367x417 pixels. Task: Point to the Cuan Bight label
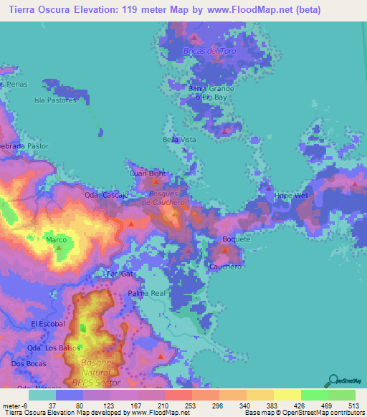click(148, 173)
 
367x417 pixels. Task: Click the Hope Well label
click(291, 196)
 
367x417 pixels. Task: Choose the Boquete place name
click(237, 239)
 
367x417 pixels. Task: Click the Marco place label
click(57, 240)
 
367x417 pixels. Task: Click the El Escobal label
click(48, 324)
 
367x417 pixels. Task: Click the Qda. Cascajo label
click(106, 195)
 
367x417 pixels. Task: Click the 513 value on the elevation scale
click(351, 406)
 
